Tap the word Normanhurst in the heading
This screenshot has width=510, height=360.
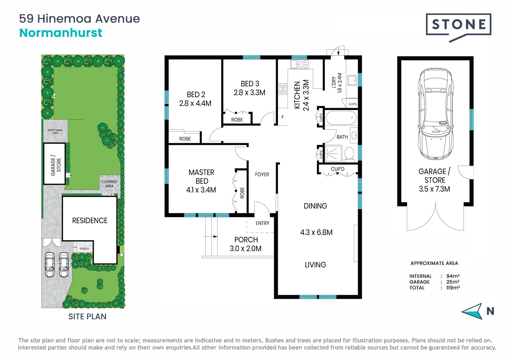point(61,33)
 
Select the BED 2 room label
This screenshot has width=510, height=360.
point(196,95)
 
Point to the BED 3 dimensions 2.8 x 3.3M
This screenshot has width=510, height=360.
point(249,93)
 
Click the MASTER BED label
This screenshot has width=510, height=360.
point(202,177)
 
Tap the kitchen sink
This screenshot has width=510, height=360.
point(299,64)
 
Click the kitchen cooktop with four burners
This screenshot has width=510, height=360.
point(283,89)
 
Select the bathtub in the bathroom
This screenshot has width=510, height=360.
point(341,118)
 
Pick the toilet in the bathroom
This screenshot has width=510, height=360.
point(349,154)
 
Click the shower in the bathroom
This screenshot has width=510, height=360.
point(333,153)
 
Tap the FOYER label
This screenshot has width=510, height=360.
point(262,174)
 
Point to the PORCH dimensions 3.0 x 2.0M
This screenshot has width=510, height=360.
point(245,249)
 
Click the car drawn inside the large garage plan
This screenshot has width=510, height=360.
point(435,114)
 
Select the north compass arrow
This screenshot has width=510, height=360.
point(472,311)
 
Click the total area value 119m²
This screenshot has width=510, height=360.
point(453,288)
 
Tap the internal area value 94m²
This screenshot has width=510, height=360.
point(453,276)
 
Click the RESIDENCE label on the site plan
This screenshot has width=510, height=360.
point(90,221)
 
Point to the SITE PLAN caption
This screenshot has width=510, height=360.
point(87,316)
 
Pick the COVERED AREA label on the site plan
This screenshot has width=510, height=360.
point(109,184)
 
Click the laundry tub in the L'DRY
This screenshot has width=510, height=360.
point(352,80)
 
